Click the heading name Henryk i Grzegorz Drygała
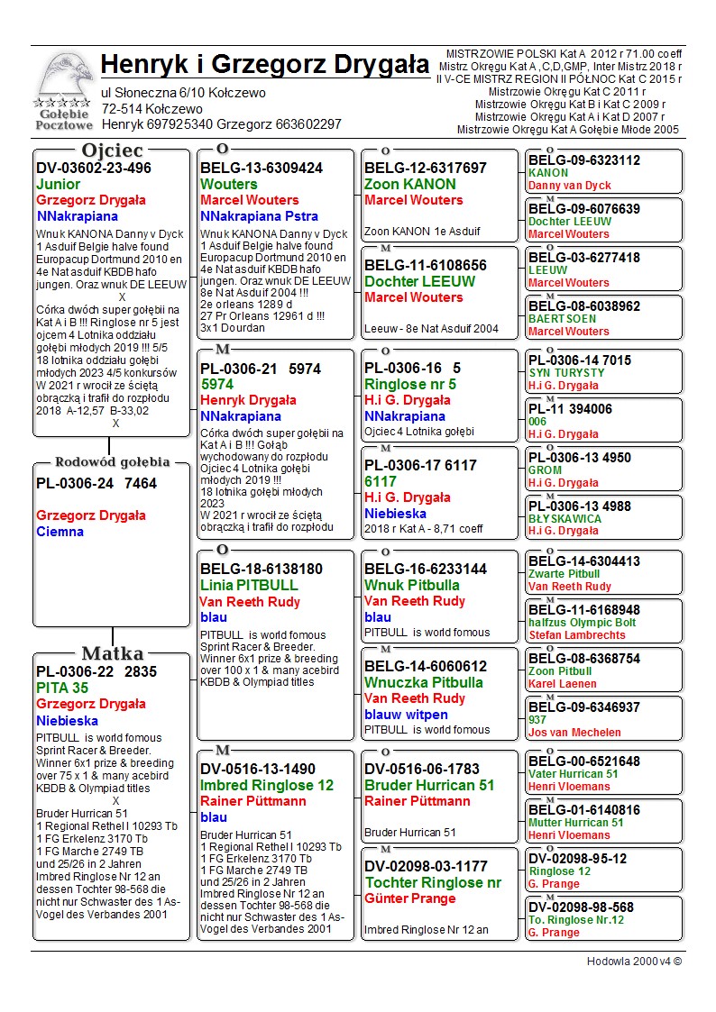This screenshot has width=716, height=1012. (x=265, y=65)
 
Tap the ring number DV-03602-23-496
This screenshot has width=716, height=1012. (x=94, y=169)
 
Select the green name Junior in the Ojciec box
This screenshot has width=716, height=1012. (x=59, y=185)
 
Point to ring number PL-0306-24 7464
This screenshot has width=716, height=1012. (x=96, y=484)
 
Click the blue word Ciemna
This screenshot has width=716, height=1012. (x=60, y=532)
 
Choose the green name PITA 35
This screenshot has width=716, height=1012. (x=62, y=688)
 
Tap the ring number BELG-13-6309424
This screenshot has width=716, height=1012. (x=262, y=169)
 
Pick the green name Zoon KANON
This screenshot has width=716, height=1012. (x=409, y=184)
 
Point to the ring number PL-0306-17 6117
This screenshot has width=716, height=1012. (x=420, y=466)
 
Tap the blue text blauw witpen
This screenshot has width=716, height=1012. (x=406, y=715)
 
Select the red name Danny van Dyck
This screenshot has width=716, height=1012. (x=569, y=186)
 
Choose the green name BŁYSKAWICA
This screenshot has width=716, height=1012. (x=565, y=519)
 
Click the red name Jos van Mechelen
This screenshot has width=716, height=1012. (x=574, y=733)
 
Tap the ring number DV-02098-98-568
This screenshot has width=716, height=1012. (x=581, y=907)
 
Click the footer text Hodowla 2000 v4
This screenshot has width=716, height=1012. (x=634, y=962)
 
